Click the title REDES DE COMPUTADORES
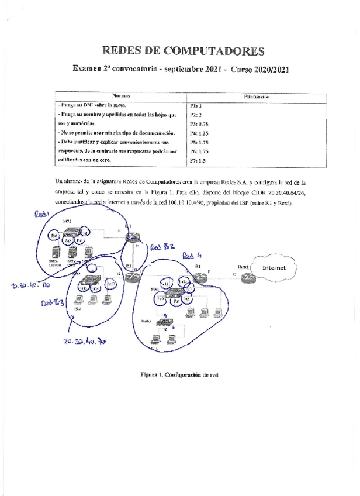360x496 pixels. click(x=184, y=51)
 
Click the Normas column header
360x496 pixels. click(x=121, y=95)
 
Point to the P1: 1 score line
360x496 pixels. click(x=196, y=106)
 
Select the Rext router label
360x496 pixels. click(x=243, y=268)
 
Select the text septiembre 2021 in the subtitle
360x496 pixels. click(x=193, y=70)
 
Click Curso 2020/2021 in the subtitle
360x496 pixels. click(x=260, y=70)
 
